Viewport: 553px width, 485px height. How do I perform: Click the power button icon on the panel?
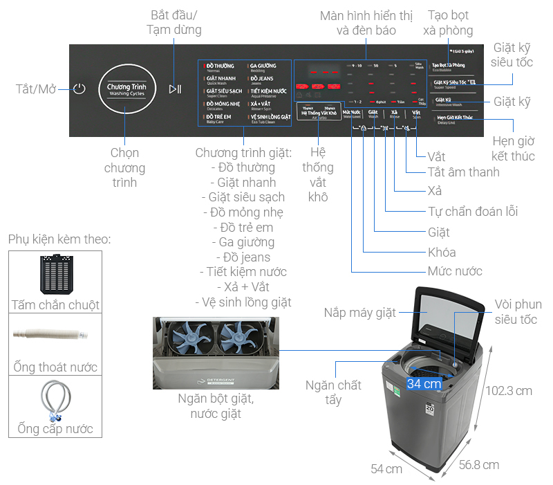(x=79, y=89)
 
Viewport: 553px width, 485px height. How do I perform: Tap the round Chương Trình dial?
(x=126, y=89)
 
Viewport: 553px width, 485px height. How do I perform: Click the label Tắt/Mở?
(x=35, y=89)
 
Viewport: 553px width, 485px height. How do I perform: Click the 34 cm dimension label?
(x=424, y=383)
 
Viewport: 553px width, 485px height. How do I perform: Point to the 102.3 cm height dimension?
(x=508, y=391)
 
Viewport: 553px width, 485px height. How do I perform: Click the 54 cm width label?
(x=386, y=469)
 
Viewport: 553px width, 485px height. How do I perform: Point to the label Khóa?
(x=442, y=252)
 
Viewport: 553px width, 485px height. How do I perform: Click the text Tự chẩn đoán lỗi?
(x=472, y=212)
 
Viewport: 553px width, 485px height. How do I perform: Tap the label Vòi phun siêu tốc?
(x=518, y=311)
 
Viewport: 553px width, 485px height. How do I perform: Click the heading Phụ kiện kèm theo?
(x=59, y=239)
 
